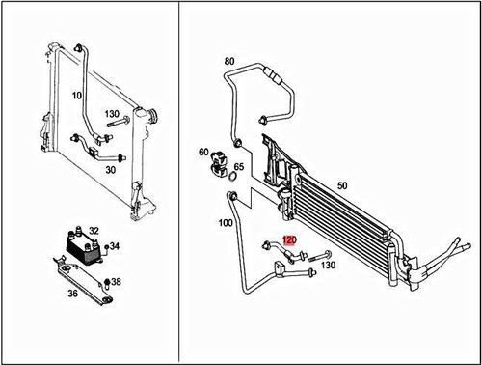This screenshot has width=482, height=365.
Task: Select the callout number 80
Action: click(x=229, y=61)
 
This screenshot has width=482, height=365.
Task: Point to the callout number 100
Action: click(x=227, y=223)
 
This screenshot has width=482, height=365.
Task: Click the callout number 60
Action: click(x=203, y=153)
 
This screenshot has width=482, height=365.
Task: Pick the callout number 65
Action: click(x=240, y=166)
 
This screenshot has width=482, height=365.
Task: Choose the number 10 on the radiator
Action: click(x=77, y=96)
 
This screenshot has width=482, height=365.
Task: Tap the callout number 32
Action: click(x=94, y=230)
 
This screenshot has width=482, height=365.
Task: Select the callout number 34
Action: click(x=115, y=246)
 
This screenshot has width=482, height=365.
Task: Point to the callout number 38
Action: click(x=117, y=281)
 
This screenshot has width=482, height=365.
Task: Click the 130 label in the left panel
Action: click(x=112, y=113)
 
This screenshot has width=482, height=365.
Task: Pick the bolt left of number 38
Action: click(x=106, y=282)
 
